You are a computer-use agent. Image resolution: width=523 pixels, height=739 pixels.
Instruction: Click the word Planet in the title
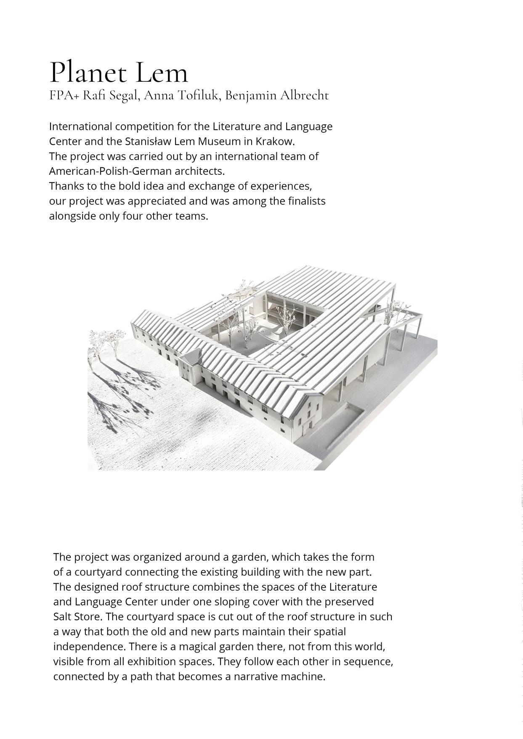point(87,73)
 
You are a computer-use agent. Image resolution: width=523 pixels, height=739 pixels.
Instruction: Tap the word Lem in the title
point(162,73)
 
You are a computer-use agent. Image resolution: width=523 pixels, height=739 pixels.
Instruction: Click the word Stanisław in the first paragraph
point(148,141)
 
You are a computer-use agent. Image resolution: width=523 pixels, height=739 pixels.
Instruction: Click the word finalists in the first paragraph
point(306,201)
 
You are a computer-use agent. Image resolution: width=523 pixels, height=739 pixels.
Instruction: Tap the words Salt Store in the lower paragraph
point(77,616)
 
